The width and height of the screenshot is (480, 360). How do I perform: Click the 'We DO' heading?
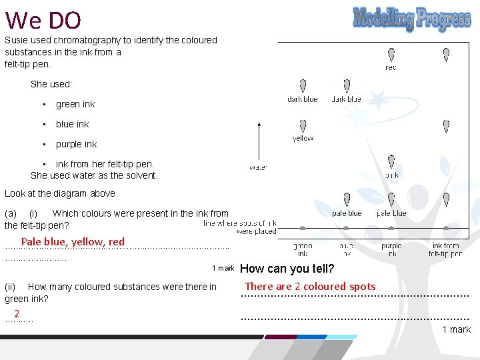[x=43, y=21]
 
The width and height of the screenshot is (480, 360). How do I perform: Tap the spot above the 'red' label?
[x=391, y=54]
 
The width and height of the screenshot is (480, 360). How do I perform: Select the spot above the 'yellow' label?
[x=303, y=126]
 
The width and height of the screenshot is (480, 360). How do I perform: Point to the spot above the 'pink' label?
[x=391, y=163]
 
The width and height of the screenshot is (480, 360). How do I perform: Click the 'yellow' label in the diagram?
[x=303, y=139]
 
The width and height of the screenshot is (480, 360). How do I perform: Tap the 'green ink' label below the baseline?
[x=303, y=250]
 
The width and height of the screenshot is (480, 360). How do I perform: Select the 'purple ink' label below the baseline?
[x=391, y=250]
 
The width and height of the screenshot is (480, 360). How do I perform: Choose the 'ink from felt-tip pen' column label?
[x=446, y=250]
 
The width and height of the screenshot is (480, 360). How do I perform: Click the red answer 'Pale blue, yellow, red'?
[x=73, y=242]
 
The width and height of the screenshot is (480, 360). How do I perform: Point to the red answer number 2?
[x=17, y=314]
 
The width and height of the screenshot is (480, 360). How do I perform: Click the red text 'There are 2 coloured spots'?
[x=310, y=287]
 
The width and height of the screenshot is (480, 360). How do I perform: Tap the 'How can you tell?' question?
[x=287, y=269]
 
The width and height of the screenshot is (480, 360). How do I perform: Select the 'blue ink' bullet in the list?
[x=72, y=124]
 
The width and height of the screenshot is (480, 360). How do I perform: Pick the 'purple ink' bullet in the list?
[x=76, y=144]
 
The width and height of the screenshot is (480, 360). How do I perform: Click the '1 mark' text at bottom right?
[x=456, y=329]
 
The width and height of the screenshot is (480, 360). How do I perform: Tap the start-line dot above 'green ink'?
[x=303, y=228]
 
